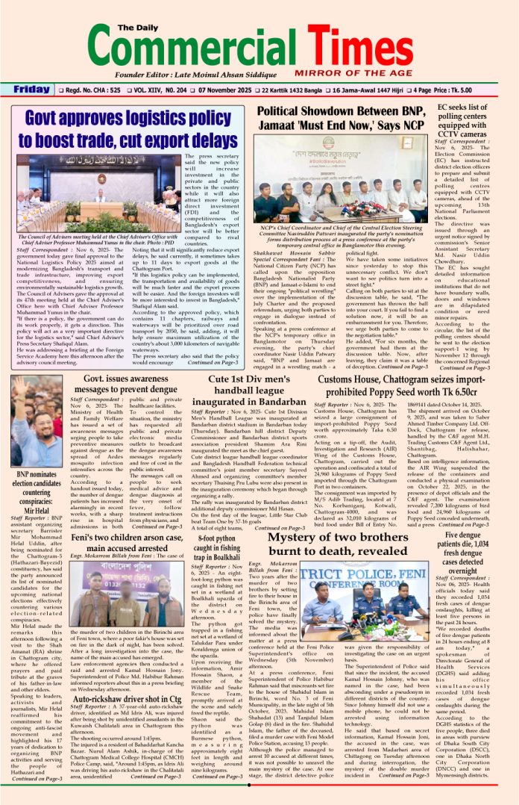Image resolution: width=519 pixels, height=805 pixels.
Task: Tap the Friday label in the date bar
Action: coord(31,90)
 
